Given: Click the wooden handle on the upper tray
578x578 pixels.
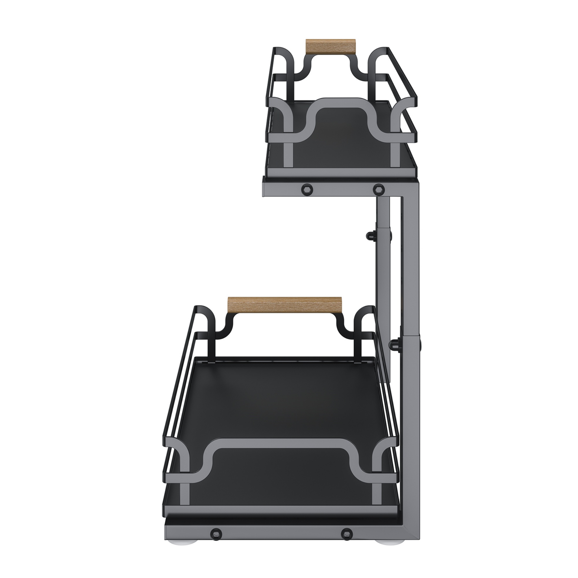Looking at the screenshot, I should tap(330, 47).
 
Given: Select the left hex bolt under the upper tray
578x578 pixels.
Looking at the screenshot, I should tap(307, 189).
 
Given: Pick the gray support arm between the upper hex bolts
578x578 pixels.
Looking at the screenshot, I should tap(342, 189).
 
